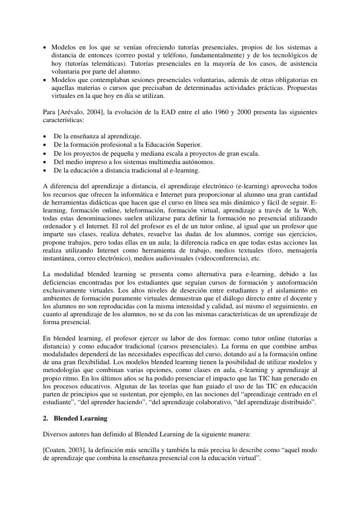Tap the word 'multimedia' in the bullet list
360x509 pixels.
coord(164,162)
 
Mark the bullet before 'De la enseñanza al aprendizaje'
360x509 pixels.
coord(45,135)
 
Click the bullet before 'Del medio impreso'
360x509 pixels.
coord(45,162)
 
